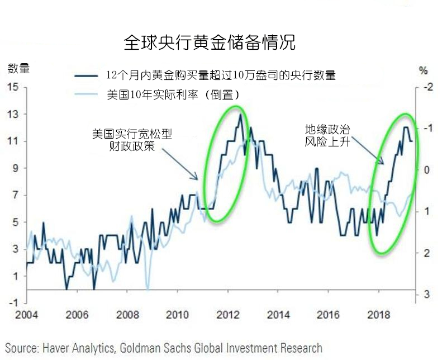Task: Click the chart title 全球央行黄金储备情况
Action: coord(209,42)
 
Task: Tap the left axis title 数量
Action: coord(18,69)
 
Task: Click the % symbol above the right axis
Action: coord(423,70)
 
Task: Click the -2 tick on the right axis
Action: coord(428,87)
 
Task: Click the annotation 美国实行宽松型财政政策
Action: coord(132,140)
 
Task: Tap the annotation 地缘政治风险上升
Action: coord(327,135)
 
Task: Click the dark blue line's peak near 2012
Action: coord(240,115)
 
